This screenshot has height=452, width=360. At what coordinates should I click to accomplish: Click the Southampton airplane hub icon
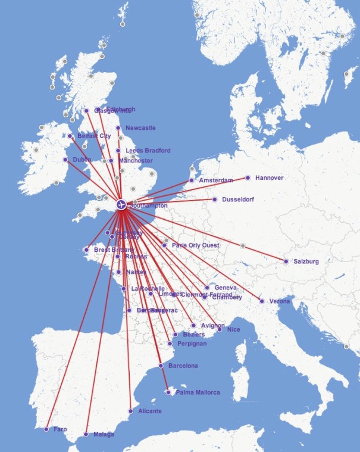pos(122,205)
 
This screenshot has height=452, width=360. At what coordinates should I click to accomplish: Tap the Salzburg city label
pos(306,261)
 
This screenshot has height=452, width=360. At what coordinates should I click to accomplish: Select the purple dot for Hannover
pos(248,177)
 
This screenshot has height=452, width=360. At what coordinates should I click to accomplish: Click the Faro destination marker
pos(46,429)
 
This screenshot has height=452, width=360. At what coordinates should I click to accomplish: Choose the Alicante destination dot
pos(131,411)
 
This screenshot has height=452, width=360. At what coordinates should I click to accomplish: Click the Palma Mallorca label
pos(198,392)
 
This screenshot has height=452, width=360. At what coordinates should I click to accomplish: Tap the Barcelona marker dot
pos(161,365)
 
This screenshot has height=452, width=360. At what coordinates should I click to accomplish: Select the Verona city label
pos(280,301)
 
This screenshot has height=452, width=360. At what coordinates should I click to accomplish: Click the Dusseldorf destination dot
pos(215,199)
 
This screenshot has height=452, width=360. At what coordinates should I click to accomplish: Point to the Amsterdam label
pos(215,180)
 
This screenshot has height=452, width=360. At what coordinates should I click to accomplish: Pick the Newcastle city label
pos(140,128)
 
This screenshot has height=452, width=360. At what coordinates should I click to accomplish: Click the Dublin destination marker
pos(65,160)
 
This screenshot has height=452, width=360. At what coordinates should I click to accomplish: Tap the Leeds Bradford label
pos(148,151)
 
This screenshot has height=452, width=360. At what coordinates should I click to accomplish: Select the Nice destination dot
pos(220,329)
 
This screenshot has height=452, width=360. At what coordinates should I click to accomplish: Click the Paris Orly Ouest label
pos(195,245)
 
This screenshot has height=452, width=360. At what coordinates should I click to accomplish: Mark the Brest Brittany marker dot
pos(87,250)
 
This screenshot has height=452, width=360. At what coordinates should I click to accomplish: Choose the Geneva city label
pos(225,288)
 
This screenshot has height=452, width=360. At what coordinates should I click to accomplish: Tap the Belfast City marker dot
pos(70,136)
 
